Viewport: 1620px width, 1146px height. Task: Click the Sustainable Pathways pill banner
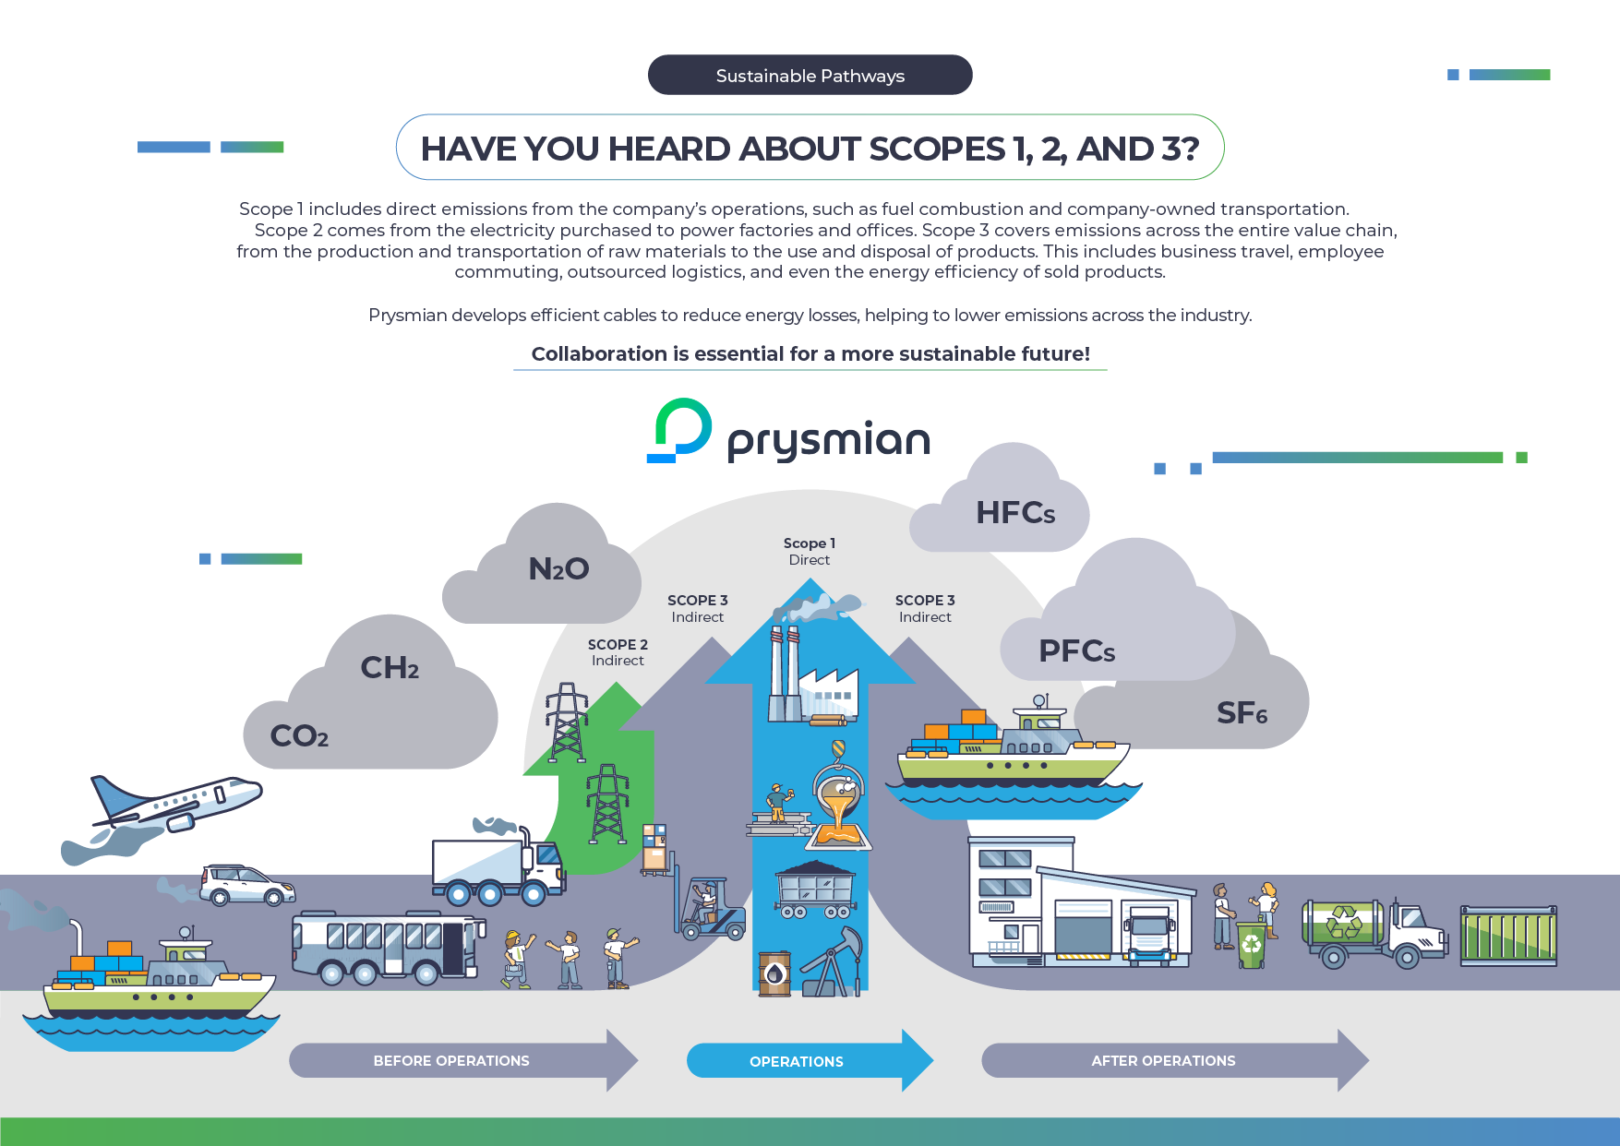[x=810, y=75]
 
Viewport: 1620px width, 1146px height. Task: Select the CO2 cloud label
[x=299, y=735]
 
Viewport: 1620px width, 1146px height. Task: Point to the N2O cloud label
[x=558, y=568]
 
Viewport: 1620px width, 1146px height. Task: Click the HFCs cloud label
[x=1015, y=513]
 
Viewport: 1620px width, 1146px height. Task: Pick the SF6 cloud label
[x=1242, y=712]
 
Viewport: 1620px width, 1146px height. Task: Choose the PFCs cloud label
[x=1076, y=651]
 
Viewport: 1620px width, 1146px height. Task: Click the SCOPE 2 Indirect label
[x=618, y=651]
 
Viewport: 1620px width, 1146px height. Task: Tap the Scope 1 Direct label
[x=810, y=551]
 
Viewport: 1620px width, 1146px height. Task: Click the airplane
[x=175, y=802]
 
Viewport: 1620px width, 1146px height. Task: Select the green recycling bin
[x=1251, y=945]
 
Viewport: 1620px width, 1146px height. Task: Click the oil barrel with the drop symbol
[x=774, y=973]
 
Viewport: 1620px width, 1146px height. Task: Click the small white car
[x=247, y=884]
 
